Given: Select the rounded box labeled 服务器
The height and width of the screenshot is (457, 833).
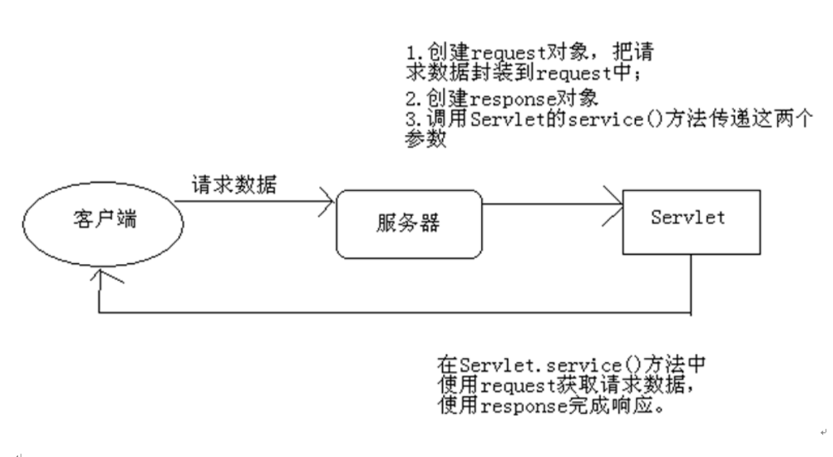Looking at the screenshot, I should (408, 225).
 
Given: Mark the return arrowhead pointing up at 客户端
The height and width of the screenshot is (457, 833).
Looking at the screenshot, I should (101, 279).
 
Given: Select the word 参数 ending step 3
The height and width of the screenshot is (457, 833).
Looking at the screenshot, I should (423, 138).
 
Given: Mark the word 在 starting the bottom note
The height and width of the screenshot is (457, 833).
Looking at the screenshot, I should (446, 365).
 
